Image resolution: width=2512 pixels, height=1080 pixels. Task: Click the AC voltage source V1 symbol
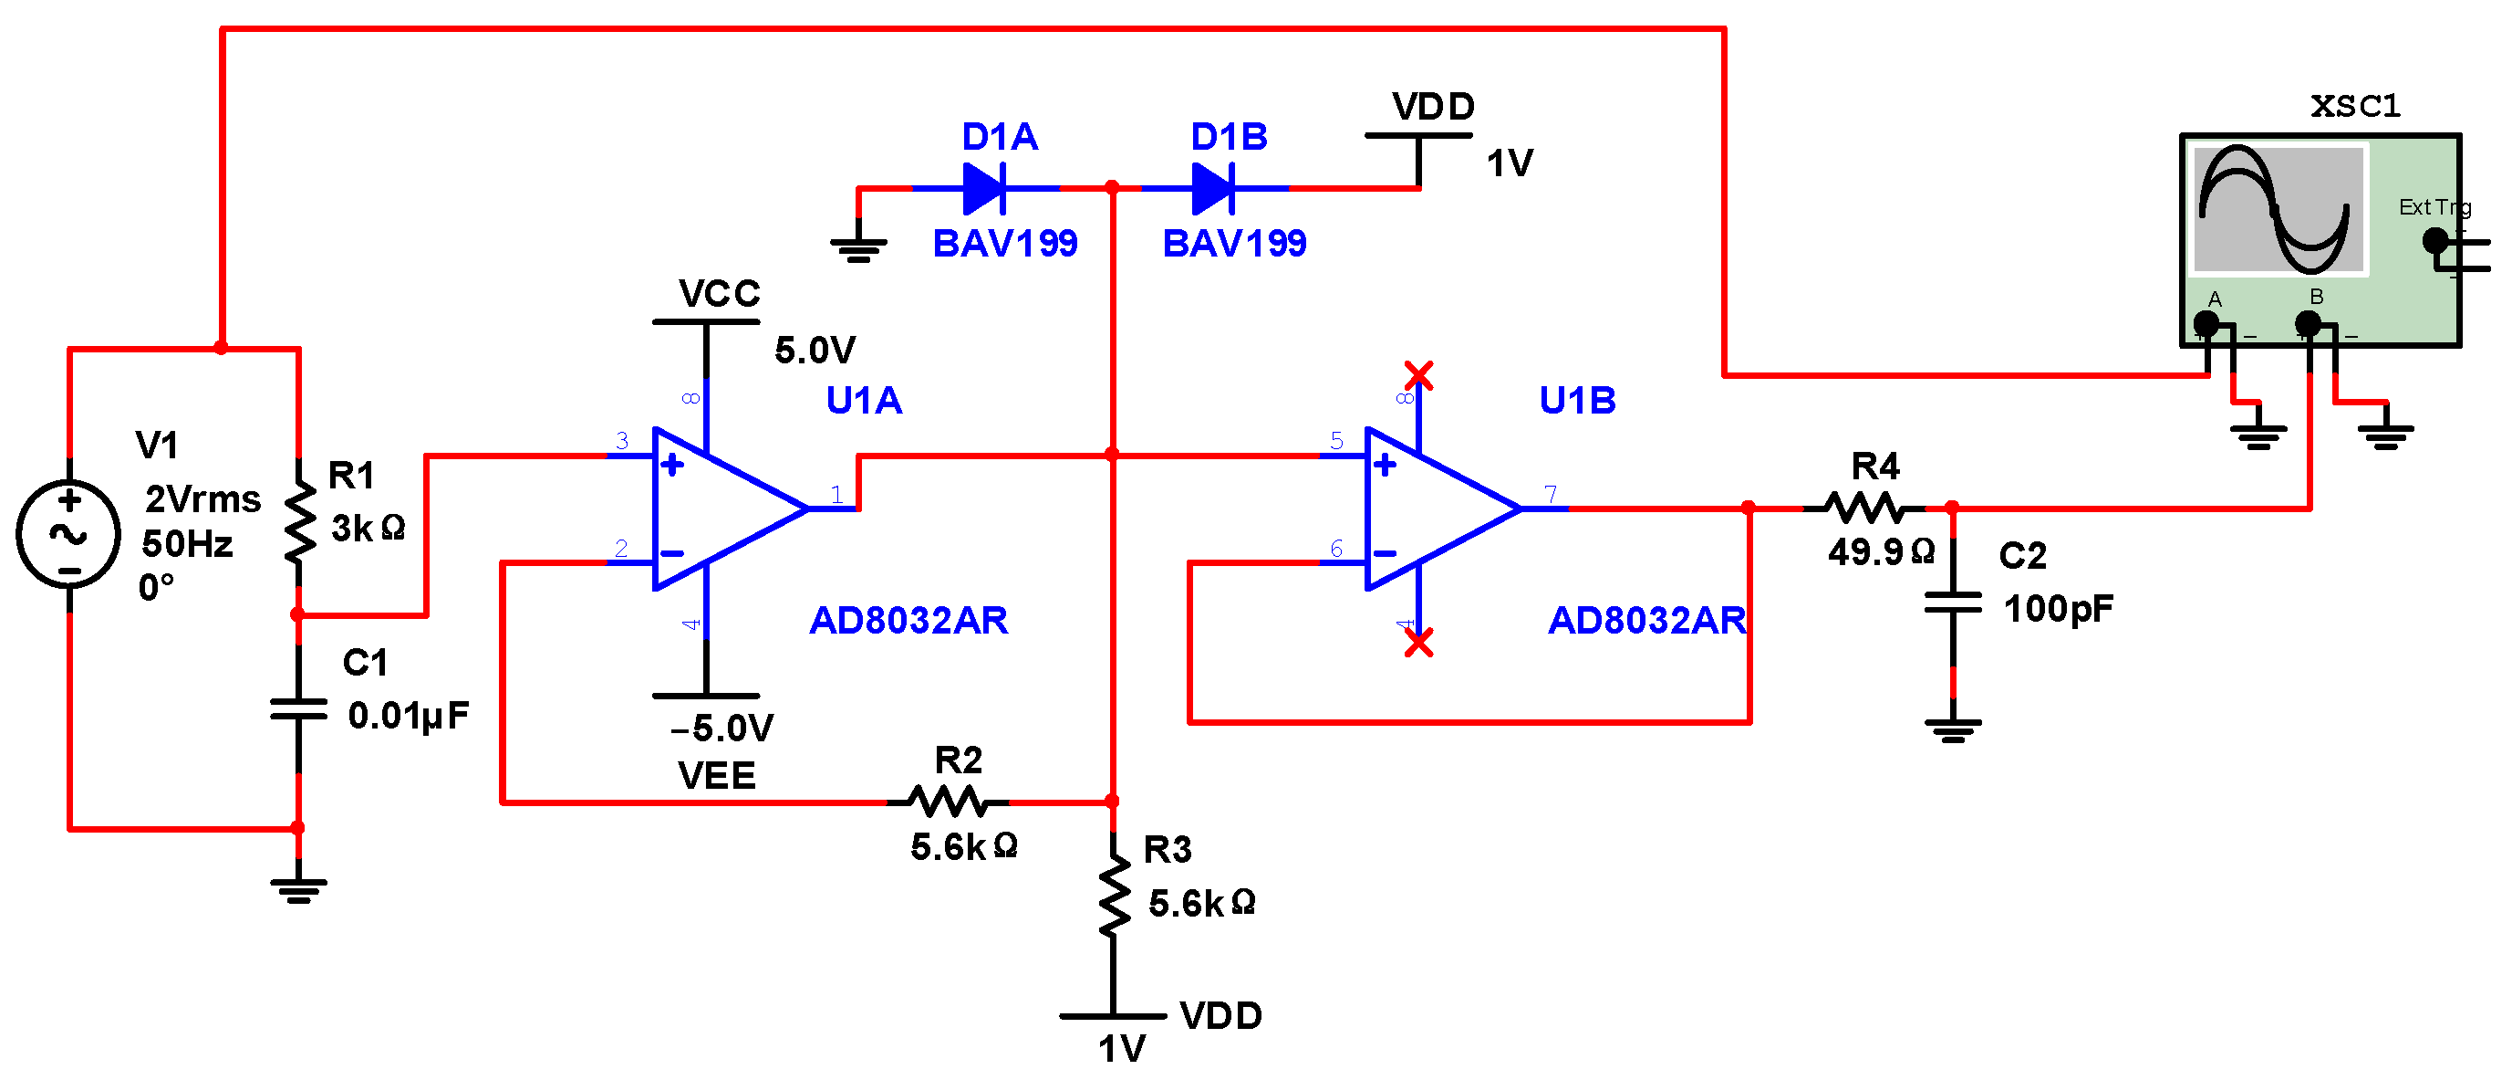pyautogui.click(x=68, y=534)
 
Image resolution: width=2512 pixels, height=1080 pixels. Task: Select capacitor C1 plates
pyautogui.click(x=298, y=709)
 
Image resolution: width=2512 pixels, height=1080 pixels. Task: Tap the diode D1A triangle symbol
pyautogui.click(x=984, y=188)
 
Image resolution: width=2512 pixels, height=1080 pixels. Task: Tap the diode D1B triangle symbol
pyautogui.click(x=1213, y=188)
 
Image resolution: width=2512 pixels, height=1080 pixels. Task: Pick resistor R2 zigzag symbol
pyautogui.click(x=948, y=802)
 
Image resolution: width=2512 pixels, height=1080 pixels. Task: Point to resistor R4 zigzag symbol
pyautogui.click(x=1864, y=509)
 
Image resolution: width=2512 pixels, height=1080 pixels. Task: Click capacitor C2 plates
pyautogui.click(x=1953, y=603)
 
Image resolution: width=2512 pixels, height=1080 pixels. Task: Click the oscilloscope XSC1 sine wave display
pyautogui.click(x=2277, y=209)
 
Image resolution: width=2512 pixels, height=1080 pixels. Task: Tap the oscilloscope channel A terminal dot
pyautogui.click(x=2206, y=323)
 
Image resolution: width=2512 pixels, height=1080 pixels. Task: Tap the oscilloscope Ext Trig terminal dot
pyautogui.click(x=2435, y=240)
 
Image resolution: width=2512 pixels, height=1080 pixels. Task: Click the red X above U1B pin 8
pyautogui.click(x=1419, y=374)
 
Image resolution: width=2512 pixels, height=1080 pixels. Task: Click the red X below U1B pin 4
pyautogui.click(x=1419, y=642)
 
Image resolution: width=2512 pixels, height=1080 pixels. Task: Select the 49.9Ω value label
pyautogui.click(x=1881, y=552)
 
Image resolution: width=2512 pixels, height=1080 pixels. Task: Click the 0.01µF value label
pyautogui.click(x=409, y=716)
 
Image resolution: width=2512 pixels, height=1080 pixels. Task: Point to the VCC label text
pyautogui.click(x=720, y=294)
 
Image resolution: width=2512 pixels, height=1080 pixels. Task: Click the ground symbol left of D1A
pyautogui.click(x=858, y=249)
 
